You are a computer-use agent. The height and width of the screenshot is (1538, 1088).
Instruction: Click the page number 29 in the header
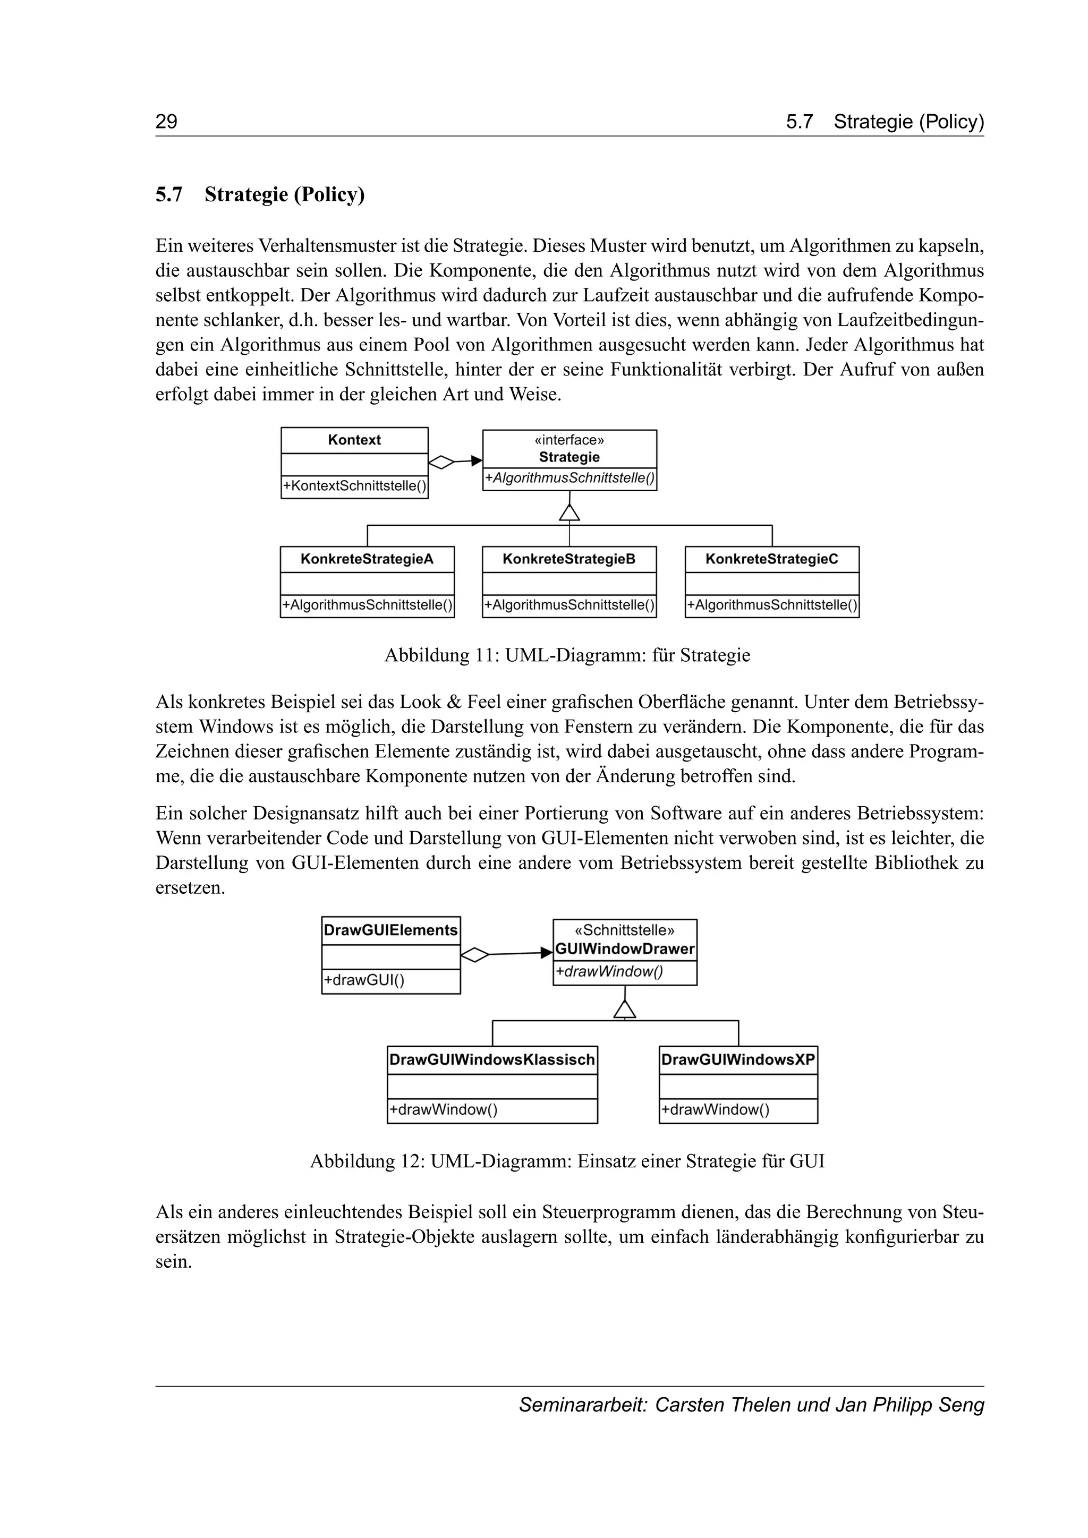[x=166, y=122]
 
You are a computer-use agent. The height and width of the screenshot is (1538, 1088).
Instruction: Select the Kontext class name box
[x=354, y=440]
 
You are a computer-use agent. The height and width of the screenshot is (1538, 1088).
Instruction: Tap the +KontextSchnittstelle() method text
[x=354, y=485]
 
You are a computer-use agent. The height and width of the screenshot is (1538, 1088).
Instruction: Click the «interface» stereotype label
[x=569, y=440]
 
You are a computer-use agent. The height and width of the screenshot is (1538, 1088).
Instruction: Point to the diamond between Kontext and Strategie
[x=441, y=462]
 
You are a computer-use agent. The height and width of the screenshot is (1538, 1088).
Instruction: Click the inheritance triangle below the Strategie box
[x=569, y=513]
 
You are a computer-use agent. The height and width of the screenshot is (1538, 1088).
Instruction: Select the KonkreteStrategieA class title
[x=367, y=559]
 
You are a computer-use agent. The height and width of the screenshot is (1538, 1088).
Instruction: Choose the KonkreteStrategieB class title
[x=569, y=559]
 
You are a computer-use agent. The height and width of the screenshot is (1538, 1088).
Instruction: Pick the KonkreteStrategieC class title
[x=772, y=559]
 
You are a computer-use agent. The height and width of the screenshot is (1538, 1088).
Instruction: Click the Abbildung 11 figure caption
[x=567, y=655]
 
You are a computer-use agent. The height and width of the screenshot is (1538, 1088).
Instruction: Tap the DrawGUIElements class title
[x=390, y=930]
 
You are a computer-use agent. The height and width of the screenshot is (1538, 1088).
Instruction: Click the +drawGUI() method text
[x=364, y=981]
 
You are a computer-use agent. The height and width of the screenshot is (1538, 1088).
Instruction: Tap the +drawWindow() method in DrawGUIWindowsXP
[x=715, y=1110]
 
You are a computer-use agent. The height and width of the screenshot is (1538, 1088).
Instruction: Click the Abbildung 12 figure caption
[x=567, y=1161]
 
